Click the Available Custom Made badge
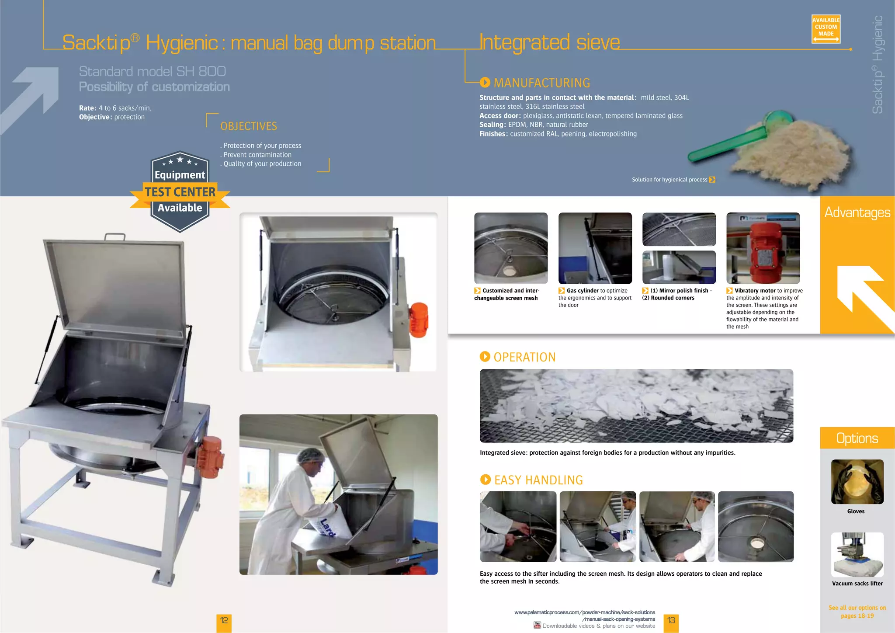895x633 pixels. click(x=826, y=29)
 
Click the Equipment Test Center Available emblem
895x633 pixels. click(x=180, y=192)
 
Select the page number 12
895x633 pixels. click(x=224, y=620)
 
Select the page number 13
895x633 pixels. click(x=671, y=620)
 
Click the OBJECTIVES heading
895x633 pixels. click(x=249, y=126)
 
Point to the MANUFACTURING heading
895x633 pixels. click(x=541, y=83)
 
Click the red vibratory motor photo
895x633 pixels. click(x=763, y=248)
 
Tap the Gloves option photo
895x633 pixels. click(x=857, y=481)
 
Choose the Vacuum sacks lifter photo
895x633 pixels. click(x=857, y=554)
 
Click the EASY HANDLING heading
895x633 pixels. click(x=538, y=480)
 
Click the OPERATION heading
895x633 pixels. click(x=524, y=357)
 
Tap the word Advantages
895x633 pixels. click(x=857, y=212)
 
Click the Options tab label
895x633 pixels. click(x=857, y=438)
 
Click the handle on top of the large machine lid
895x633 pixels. click(x=114, y=237)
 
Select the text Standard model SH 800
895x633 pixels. click(x=152, y=71)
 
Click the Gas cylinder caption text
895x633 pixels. click(x=595, y=298)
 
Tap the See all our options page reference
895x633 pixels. click(x=857, y=612)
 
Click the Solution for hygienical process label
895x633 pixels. click(x=670, y=180)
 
